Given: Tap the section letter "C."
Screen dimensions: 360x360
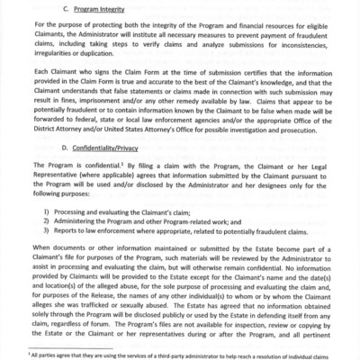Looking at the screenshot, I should (69, 10).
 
